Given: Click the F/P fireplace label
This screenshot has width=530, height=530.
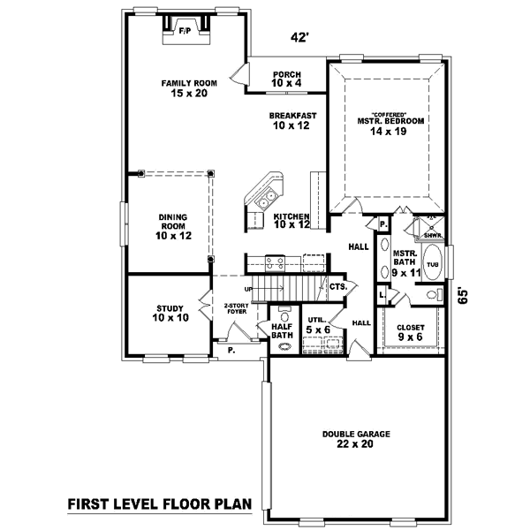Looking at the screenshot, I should (x=185, y=32).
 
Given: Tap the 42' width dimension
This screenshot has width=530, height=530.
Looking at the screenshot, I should (x=300, y=38).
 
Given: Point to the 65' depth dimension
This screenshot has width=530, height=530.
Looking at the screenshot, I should (x=462, y=295).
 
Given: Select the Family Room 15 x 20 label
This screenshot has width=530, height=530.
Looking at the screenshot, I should (x=183, y=88).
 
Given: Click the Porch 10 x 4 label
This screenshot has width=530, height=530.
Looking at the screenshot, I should (x=287, y=79).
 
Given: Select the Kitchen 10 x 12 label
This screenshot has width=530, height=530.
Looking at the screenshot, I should (x=291, y=221).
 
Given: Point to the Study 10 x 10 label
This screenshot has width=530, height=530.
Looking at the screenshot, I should (x=170, y=312).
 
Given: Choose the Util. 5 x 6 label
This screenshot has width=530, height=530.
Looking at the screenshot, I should (x=315, y=326).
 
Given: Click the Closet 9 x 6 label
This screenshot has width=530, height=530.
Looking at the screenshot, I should (x=411, y=332).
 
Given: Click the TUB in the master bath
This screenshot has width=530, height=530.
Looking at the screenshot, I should (x=433, y=264).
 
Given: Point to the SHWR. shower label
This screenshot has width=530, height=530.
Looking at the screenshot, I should (x=432, y=235).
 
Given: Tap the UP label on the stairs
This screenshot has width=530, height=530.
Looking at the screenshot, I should (x=249, y=289).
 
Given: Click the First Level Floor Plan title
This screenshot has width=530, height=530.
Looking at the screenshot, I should (x=159, y=504).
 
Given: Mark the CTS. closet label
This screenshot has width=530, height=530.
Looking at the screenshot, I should (x=337, y=286).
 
